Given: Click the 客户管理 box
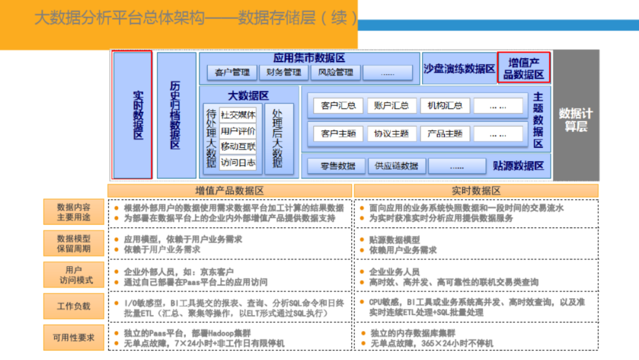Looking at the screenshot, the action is coord(233,73).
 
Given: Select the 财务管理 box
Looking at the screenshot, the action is coord(284,73).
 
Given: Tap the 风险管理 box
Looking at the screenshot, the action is coord(335,73).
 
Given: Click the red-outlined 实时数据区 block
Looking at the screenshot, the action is coord(133,115).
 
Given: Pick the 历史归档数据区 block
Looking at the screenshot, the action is coord(176,115).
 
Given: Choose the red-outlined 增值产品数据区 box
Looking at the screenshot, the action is coord(524,67).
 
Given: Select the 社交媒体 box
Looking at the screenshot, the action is coord(238,115).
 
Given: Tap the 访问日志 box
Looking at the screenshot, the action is coord(238,162).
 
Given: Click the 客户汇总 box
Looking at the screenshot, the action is coord(338,106).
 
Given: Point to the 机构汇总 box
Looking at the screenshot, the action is coord(445,106).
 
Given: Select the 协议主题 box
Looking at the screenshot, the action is coord(392,134).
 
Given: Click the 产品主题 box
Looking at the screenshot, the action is coord(445,134).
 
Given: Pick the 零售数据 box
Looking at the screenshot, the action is coord(338,166).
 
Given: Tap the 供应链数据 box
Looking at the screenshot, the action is coord(396,166).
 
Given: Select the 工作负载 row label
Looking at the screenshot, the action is coord(73,306).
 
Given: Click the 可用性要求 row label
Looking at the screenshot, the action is coord(73,337).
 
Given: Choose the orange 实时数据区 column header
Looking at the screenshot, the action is coord(476,191).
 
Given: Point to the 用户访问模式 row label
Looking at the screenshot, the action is coord(73,275).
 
